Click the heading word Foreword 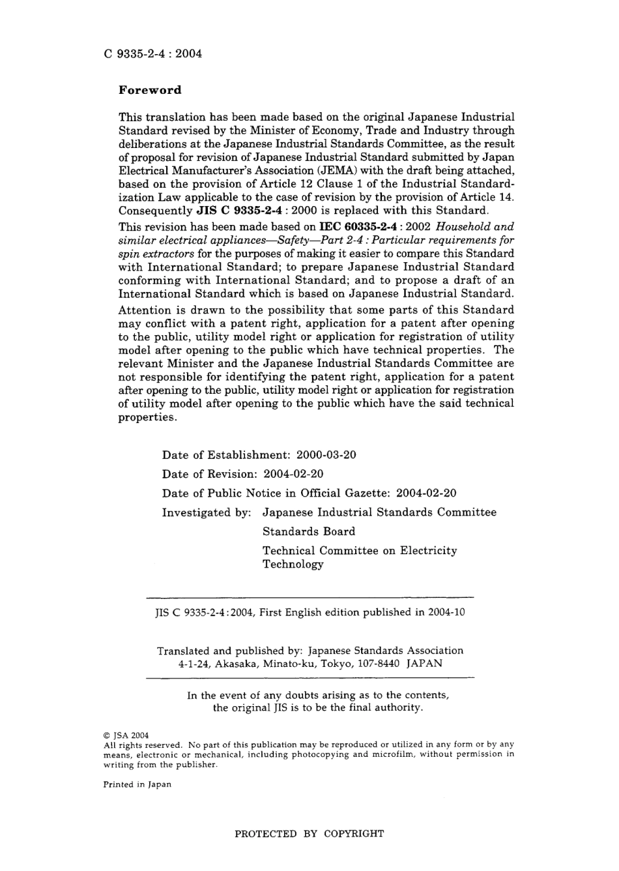[x=150, y=90]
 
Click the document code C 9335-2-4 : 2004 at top [x=152, y=53]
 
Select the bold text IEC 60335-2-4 [x=358, y=227]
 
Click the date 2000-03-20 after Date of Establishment [x=326, y=455]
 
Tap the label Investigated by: [x=206, y=512]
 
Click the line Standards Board [x=309, y=531]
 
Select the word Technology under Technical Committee [x=293, y=565]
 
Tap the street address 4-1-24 [x=194, y=664]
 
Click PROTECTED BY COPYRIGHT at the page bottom [x=309, y=833]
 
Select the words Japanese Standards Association [x=385, y=651]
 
